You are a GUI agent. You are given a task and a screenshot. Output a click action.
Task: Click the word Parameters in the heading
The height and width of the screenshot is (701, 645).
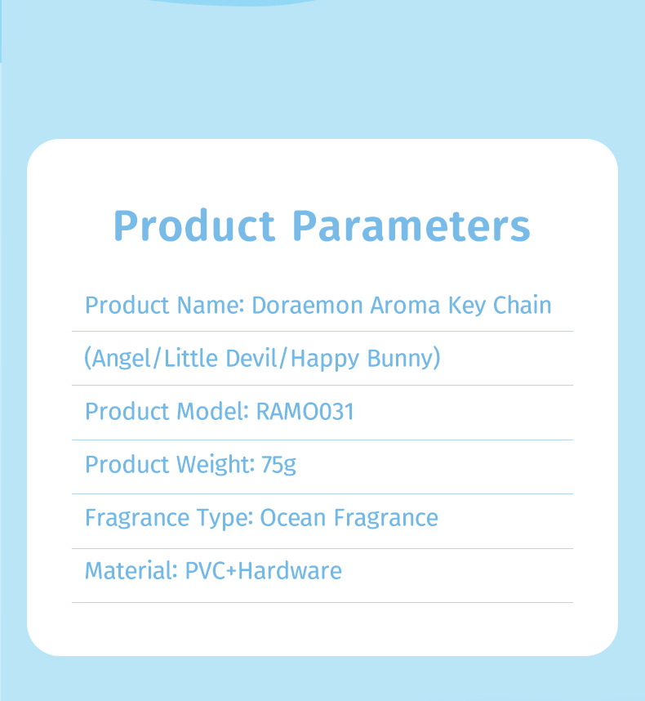[x=411, y=225]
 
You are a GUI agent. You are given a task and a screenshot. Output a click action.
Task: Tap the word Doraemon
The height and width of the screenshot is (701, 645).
[x=307, y=306]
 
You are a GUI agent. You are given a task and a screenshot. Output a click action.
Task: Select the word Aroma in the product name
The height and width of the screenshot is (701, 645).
[x=405, y=306]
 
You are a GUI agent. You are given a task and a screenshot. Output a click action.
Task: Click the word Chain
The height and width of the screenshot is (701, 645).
[x=523, y=306]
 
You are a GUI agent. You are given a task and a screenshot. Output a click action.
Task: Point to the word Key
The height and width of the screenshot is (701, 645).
[x=467, y=306]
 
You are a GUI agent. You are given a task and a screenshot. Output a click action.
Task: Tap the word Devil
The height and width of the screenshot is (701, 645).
[x=251, y=358]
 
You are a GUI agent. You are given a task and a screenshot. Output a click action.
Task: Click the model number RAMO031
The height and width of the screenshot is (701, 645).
[x=305, y=411]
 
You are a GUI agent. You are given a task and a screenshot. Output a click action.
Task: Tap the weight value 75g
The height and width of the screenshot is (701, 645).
[x=278, y=465]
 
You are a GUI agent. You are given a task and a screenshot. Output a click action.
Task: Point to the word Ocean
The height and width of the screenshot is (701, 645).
[x=293, y=518]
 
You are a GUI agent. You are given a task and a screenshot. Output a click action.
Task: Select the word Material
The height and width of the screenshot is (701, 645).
[x=131, y=571]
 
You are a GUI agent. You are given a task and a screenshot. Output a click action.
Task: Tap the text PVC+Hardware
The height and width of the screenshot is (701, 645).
[x=264, y=571]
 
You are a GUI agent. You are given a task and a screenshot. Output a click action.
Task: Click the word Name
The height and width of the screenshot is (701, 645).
[x=211, y=306]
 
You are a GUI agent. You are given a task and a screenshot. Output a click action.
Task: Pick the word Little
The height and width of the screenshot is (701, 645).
[x=191, y=358]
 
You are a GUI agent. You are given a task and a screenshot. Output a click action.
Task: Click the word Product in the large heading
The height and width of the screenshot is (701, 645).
[x=194, y=225]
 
